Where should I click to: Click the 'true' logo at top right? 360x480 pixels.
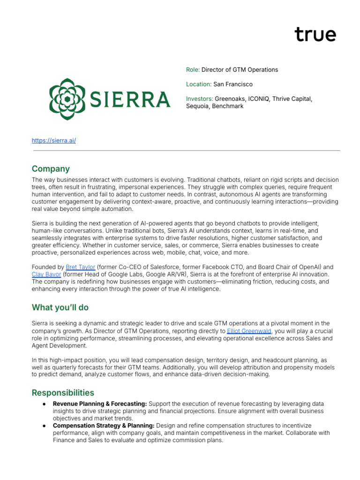click(x=315, y=35)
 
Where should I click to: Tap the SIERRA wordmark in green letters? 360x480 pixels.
click(x=129, y=99)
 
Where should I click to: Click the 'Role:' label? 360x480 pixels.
click(x=193, y=69)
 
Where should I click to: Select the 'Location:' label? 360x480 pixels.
click(x=199, y=84)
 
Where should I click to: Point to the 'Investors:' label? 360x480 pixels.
click(x=199, y=99)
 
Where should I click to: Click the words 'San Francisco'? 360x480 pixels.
click(x=232, y=84)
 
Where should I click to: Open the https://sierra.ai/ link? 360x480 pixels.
click(x=53, y=141)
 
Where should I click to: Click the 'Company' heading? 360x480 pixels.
click(x=51, y=169)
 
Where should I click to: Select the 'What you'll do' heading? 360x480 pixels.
click(x=60, y=307)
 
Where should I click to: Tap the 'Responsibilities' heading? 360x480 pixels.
click(x=63, y=393)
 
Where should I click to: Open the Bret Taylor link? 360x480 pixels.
click(x=81, y=267)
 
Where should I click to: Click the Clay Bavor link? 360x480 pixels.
click(x=46, y=274)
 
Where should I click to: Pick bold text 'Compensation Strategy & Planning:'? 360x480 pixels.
click(x=103, y=426)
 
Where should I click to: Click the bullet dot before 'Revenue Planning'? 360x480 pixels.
click(x=44, y=404)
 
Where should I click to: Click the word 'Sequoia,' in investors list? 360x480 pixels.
click(x=198, y=106)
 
